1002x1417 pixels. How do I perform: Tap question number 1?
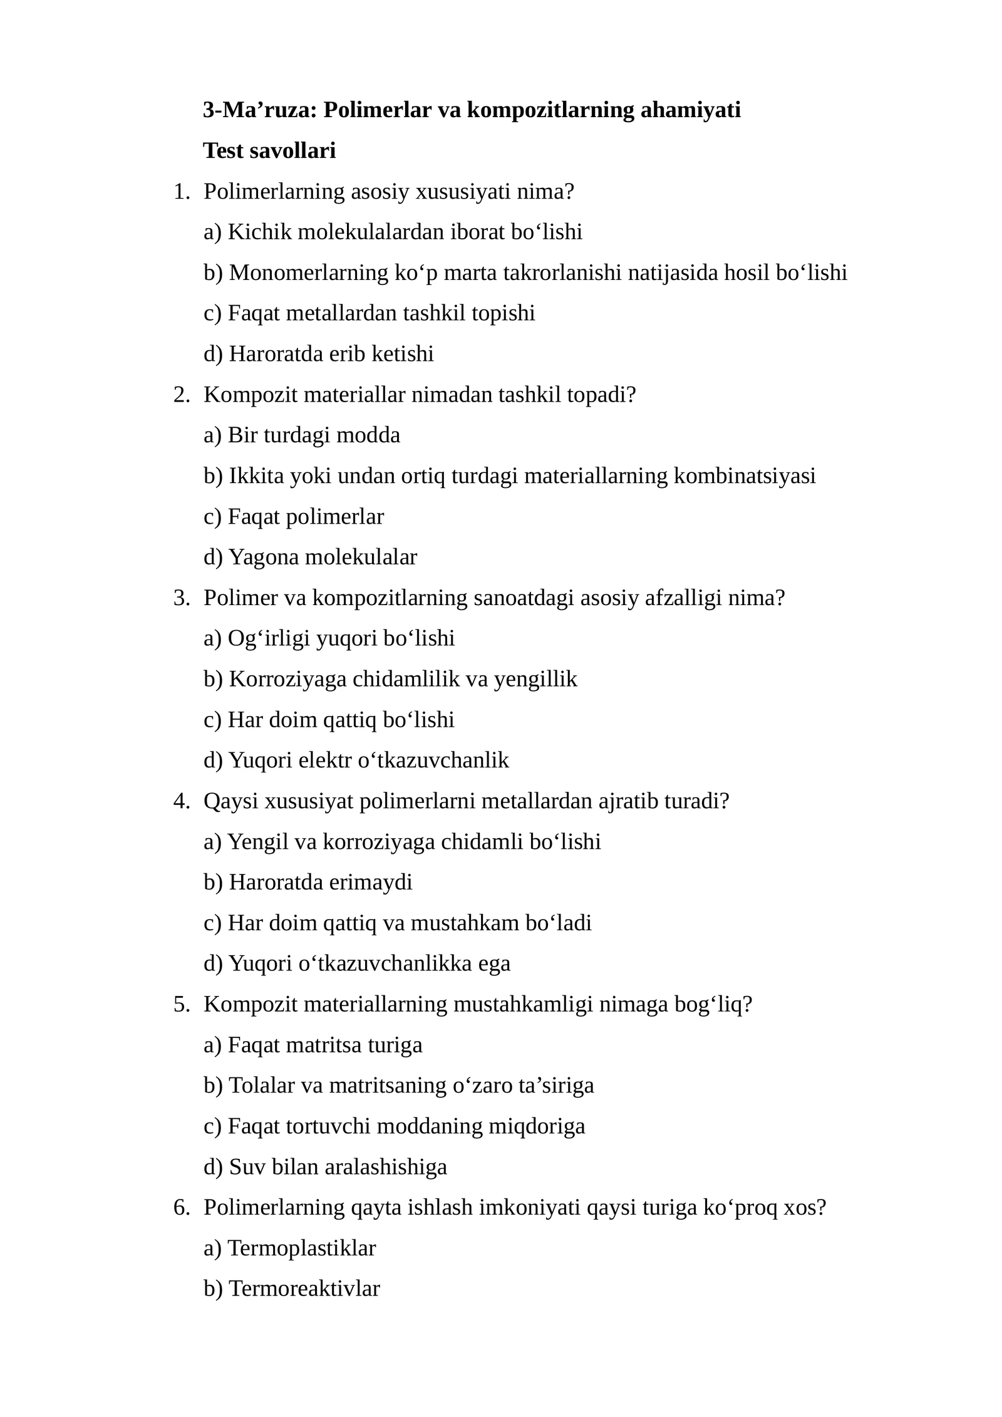(x=180, y=192)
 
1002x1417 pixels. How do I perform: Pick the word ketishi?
(x=403, y=354)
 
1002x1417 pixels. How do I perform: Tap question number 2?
(x=180, y=395)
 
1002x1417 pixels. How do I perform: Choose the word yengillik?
(x=535, y=679)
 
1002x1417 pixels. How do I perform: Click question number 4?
(x=180, y=801)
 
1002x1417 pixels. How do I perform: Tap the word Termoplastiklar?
(x=302, y=1248)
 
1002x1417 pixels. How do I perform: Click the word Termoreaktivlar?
(x=304, y=1289)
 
